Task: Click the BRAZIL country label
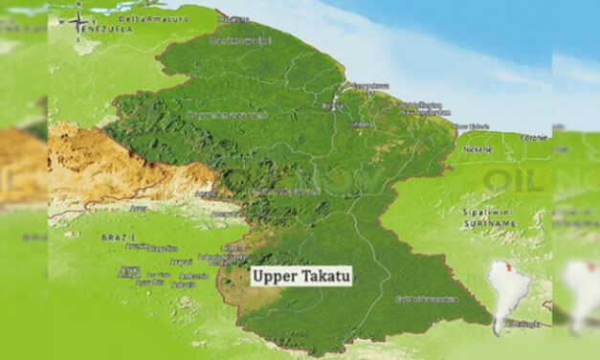point(118,235)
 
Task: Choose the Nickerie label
point(477,149)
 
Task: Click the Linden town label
point(360,124)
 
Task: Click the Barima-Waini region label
point(241,40)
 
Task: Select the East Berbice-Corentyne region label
point(426,300)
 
